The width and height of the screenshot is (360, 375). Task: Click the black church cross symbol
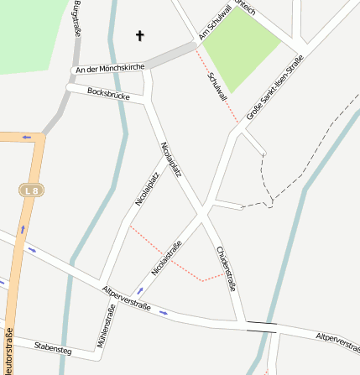140,35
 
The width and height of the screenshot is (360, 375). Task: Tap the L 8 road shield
32,191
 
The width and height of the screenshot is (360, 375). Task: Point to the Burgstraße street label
77,18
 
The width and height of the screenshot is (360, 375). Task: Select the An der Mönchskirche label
110,68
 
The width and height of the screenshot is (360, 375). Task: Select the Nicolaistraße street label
167,258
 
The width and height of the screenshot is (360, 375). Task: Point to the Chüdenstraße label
226,268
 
